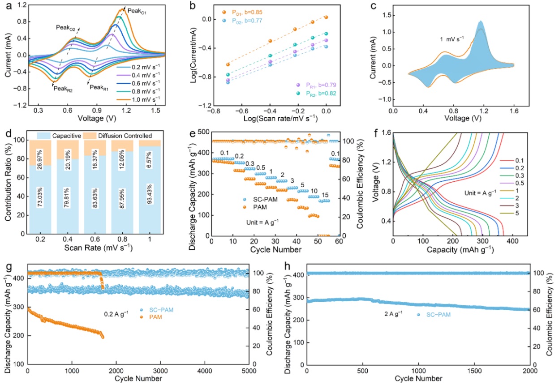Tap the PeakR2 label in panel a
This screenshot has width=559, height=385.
click(63, 88)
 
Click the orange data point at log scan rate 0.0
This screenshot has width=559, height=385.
click(326, 17)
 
